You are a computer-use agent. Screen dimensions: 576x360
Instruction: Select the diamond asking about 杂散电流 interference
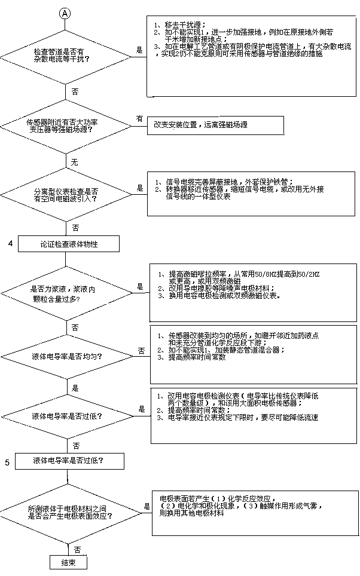[x=66, y=56]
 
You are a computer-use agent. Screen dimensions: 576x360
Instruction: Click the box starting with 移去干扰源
[x=251, y=56]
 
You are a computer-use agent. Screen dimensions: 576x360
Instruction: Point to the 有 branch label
[x=139, y=118]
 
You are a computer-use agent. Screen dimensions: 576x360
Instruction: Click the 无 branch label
[x=75, y=163]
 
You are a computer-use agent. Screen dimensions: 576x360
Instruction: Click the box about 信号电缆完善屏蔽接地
[x=251, y=194]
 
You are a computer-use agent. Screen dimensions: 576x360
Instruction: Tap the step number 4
[x=10, y=243]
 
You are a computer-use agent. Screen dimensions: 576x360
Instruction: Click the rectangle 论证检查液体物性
[x=69, y=244]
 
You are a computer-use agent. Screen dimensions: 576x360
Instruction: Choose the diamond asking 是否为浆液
[x=66, y=292]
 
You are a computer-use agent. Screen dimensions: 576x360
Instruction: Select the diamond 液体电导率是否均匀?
[x=66, y=356]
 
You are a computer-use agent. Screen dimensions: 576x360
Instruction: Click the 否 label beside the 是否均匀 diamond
[x=141, y=350]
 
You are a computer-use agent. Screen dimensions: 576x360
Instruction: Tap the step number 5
[x=7, y=462]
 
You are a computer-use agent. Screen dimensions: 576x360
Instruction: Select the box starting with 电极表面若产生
[x=251, y=510]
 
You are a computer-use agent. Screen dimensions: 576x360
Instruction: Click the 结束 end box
[x=68, y=562]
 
